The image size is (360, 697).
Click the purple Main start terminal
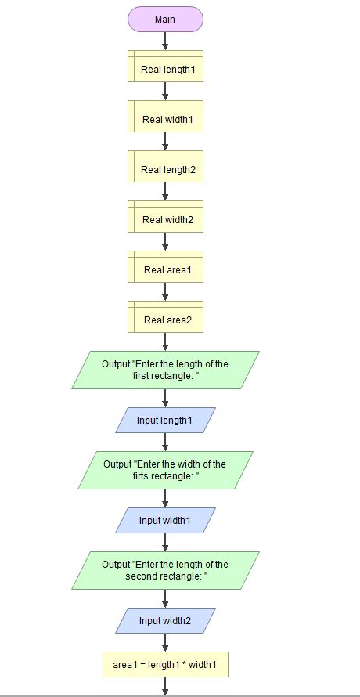point(165,19)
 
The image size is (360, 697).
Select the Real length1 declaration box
point(165,69)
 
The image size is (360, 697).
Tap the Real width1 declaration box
point(165,119)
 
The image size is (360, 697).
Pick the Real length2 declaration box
point(165,169)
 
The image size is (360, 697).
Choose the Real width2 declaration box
point(165,219)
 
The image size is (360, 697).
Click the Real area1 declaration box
point(165,269)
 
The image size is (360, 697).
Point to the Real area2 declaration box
point(165,320)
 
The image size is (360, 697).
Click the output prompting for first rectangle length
point(165,370)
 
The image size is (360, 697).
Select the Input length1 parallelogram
point(165,421)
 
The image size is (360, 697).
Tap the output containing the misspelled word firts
point(165,470)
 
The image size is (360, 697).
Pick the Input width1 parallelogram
point(165,521)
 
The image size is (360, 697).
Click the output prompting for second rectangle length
point(165,570)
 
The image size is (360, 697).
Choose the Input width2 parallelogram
point(165,621)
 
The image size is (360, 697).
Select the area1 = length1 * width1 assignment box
point(165,665)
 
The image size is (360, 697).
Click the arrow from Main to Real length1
point(165,41)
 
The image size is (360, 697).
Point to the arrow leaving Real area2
point(165,341)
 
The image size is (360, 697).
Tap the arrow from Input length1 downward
point(165,442)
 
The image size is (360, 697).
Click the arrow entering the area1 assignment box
point(165,642)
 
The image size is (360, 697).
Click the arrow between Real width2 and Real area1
point(165,241)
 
